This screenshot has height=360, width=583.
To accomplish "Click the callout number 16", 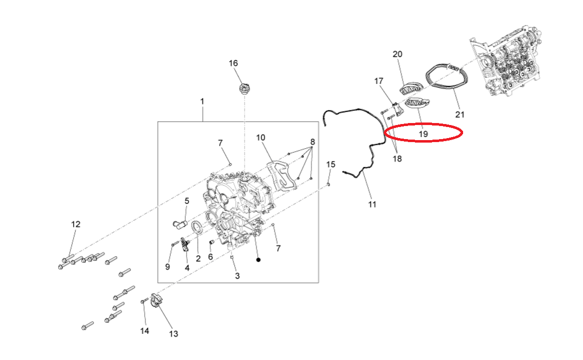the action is [233, 63].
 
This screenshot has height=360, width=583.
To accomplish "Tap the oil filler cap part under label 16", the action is [243, 89].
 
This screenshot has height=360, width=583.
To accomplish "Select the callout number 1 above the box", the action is [202, 101].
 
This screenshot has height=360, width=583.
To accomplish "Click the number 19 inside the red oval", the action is [423, 134].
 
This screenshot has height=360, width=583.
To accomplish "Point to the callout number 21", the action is [460, 114].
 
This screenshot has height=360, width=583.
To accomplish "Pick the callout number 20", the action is [397, 54].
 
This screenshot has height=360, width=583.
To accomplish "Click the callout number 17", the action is [378, 81].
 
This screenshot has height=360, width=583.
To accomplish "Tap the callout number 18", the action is [397, 159].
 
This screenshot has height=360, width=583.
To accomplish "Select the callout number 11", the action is [372, 204].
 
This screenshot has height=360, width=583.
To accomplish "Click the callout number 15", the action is [331, 164].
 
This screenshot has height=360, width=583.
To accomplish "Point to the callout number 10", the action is [260, 138].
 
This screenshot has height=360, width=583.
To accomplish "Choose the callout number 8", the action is [313, 142].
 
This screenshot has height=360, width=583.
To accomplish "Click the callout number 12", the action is [75, 224].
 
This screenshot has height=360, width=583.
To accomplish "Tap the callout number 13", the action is [174, 334].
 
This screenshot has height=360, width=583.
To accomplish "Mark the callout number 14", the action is [144, 330].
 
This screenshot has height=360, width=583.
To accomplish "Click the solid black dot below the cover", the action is [258, 260].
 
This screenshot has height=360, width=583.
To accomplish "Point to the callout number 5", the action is [187, 201].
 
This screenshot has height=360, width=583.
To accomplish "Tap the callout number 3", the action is [237, 276].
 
